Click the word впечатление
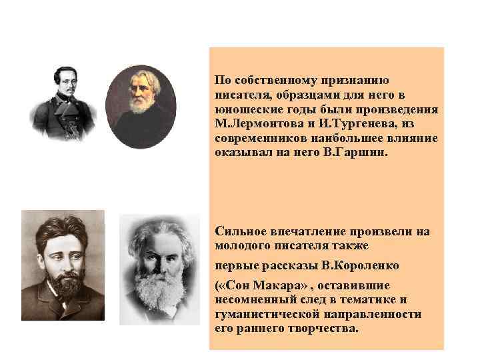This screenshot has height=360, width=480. pos(307,231)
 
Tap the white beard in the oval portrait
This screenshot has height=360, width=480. pos(141,104)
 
